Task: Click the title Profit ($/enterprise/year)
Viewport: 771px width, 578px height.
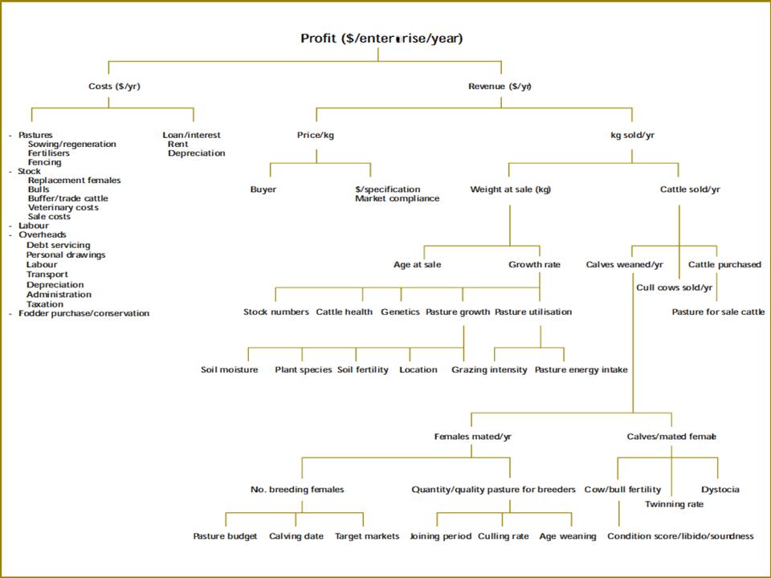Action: [x=381, y=39]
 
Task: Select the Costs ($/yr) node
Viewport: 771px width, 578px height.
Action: [x=114, y=86]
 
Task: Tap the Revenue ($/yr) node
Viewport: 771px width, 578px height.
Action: [x=500, y=86]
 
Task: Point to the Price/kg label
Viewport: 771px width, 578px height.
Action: [x=316, y=135]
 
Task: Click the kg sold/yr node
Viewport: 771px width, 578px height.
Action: [x=632, y=135]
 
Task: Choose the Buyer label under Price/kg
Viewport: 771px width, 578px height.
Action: [x=263, y=189]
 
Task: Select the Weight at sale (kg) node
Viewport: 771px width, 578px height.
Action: [x=511, y=189]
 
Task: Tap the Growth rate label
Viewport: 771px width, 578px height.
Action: [x=534, y=264]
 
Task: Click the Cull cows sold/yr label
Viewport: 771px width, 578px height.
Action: [x=675, y=287]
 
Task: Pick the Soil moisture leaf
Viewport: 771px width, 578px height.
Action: [x=230, y=370]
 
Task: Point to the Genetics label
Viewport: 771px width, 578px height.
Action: [x=400, y=311]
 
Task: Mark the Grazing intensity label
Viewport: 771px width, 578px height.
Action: [x=489, y=370]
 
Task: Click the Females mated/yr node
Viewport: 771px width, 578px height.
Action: [x=472, y=437]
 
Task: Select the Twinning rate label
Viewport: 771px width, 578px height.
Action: [x=674, y=504]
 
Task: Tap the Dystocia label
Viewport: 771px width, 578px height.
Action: [x=720, y=490]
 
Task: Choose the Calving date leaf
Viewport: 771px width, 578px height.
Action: [x=296, y=536]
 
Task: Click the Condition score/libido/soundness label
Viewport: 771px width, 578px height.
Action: [x=680, y=536]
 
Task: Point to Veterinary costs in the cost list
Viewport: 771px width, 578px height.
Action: [x=63, y=207]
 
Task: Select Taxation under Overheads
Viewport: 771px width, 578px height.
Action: [x=45, y=304]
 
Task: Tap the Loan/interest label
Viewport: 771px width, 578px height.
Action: [x=191, y=135]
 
